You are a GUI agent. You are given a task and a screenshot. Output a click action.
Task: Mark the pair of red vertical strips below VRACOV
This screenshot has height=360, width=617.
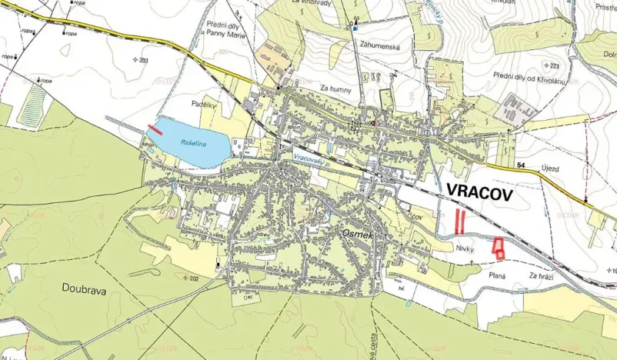pyautogui.click(x=459, y=222)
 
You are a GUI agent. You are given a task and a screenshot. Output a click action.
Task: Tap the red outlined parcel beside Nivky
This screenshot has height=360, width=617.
pyautogui.click(x=499, y=248)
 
